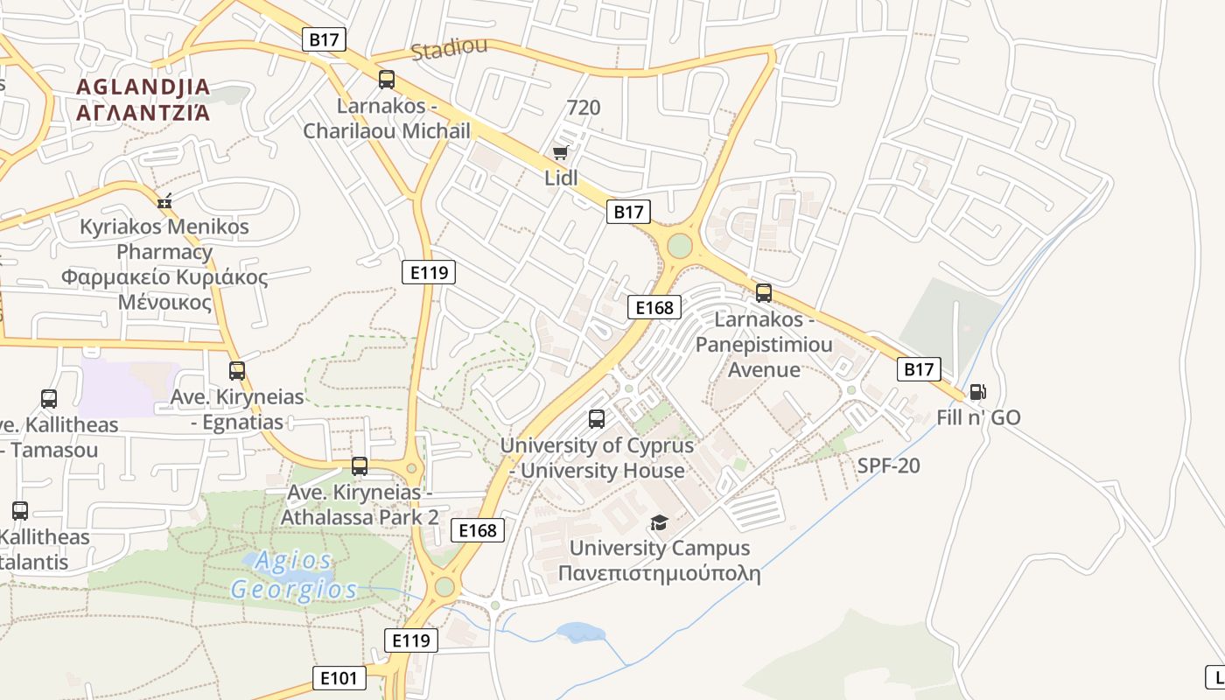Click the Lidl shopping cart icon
point(560,153)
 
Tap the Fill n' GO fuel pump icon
point(977,393)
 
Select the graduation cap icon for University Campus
point(659,522)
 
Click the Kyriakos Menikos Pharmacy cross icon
point(164,201)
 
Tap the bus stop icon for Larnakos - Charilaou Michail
point(386,80)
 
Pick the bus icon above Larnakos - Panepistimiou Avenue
point(763,293)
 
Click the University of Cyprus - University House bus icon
point(596,419)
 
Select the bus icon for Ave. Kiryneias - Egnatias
point(236,371)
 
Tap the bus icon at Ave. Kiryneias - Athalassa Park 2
point(359,466)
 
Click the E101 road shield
point(339,677)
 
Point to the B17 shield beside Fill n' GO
point(919,369)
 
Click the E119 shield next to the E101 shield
point(410,640)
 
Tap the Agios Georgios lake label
point(294,575)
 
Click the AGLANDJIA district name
point(143,87)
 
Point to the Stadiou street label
point(449,49)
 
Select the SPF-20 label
point(888,465)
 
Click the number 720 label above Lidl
point(584,108)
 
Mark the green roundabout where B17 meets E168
point(679,246)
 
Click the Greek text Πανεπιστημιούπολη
point(659,574)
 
